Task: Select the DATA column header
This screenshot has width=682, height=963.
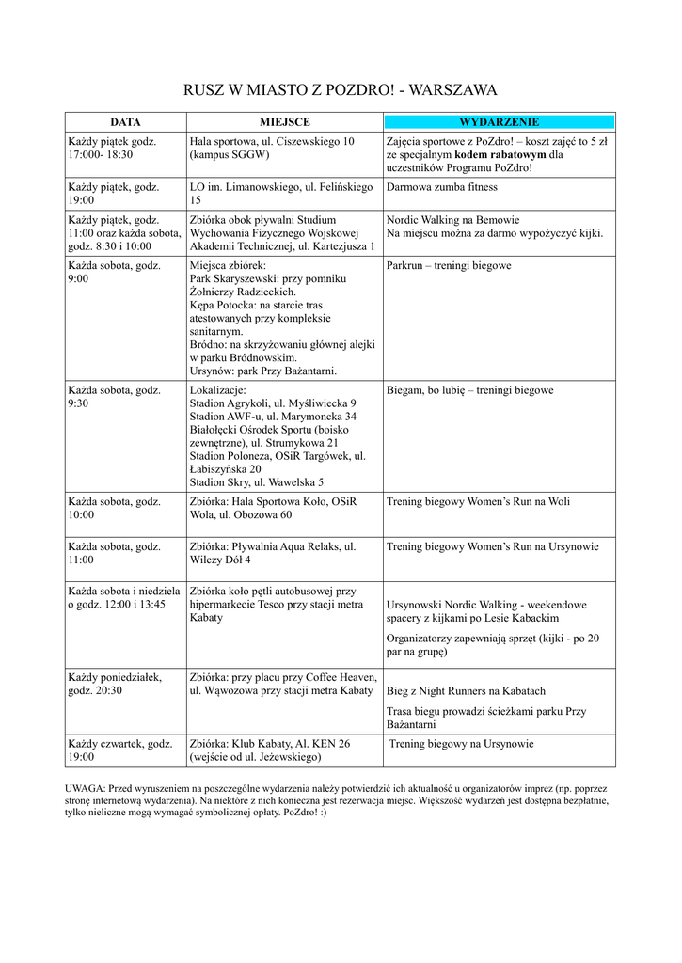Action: (x=125, y=122)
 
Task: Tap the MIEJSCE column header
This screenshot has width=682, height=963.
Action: (x=284, y=122)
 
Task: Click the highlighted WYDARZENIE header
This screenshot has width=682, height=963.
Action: (x=499, y=122)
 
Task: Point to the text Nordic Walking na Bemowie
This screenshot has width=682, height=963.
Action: (x=452, y=220)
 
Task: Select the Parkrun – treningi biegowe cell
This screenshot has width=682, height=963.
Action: (x=449, y=266)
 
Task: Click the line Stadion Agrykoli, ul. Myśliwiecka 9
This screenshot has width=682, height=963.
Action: (x=273, y=403)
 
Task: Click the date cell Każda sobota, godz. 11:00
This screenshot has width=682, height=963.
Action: (x=114, y=553)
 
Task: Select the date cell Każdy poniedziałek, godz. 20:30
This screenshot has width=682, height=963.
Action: (x=114, y=684)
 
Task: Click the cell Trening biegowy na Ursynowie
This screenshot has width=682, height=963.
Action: (x=461, y=744)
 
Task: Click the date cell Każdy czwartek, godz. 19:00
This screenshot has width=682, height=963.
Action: (x=119, y=750)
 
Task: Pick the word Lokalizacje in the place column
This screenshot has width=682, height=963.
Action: (x=218, y=389)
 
